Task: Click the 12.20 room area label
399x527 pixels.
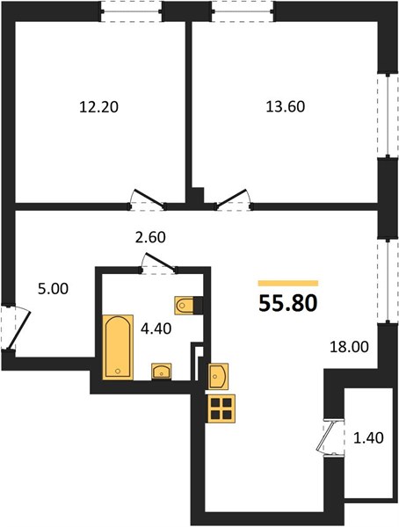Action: (x=98, y=107)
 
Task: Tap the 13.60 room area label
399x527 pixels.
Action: (x=286, y=106)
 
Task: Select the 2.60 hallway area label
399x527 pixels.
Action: (x=150, y=237)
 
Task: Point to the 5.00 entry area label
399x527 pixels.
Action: (x=53, y=289)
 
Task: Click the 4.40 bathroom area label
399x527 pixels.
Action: (x=156, y=328)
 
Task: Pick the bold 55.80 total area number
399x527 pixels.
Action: (x=288, y=303)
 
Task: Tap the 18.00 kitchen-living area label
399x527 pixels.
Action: (x=349, y=347)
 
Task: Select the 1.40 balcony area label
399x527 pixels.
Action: (x=368, y=438)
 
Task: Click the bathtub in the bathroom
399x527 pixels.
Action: (x=118, y=347)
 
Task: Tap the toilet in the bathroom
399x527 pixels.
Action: (x=185, y=305)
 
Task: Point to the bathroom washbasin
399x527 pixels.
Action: (x=162, y=372)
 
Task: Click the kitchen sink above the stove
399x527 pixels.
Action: (x=218, y=377)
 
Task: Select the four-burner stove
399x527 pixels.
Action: (x=221, y=408)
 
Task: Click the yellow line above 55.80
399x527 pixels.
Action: (x=288, y=284)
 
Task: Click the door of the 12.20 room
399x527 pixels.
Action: (x=149, y=198)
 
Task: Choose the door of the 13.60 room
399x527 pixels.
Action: (x=233, y=198)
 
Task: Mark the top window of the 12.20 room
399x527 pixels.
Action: (x=131, y=11)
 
